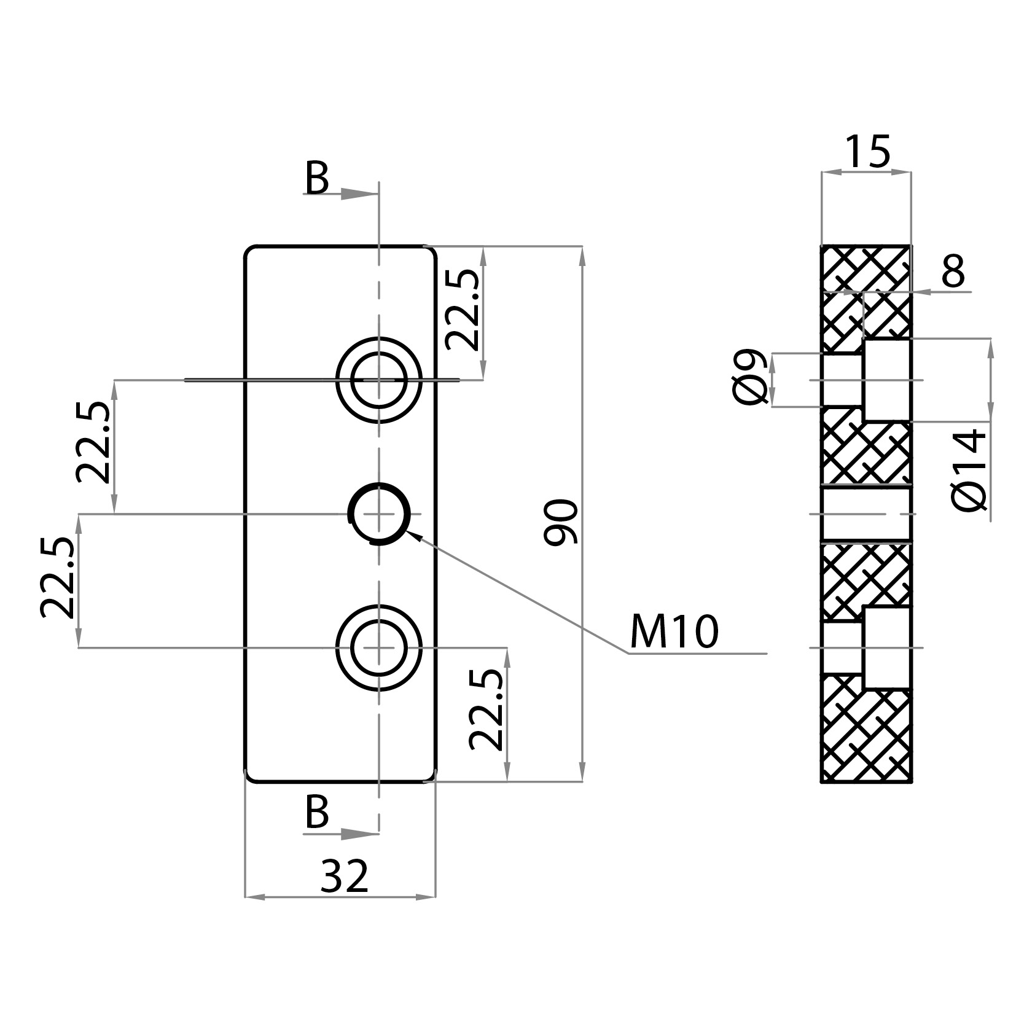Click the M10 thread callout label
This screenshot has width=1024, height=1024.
674,632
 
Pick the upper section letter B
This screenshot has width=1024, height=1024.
317,179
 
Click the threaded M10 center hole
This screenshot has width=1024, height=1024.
379,514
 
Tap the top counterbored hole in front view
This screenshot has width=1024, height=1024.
379,380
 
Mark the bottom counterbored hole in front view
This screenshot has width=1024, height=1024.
379,647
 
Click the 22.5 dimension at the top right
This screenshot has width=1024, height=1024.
462,310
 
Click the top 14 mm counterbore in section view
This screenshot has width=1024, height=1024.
886,380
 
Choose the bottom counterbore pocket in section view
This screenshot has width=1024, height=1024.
886,647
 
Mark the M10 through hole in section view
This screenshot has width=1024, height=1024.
866,514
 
